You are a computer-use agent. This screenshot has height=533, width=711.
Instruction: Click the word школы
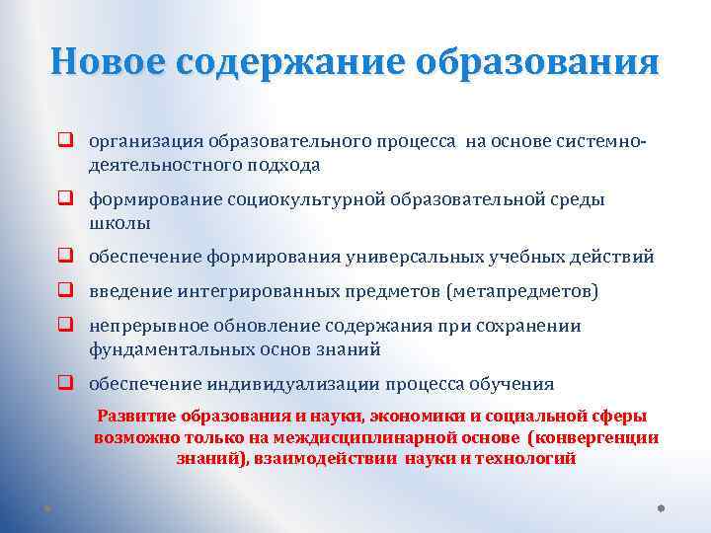click(119, 223)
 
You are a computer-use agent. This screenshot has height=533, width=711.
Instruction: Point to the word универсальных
click(415, 258)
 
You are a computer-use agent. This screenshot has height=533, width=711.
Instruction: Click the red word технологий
click(525, 459)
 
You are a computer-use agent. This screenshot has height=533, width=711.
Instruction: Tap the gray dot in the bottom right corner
click(661, 509)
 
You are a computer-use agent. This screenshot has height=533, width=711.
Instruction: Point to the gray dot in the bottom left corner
click(46, 509)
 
